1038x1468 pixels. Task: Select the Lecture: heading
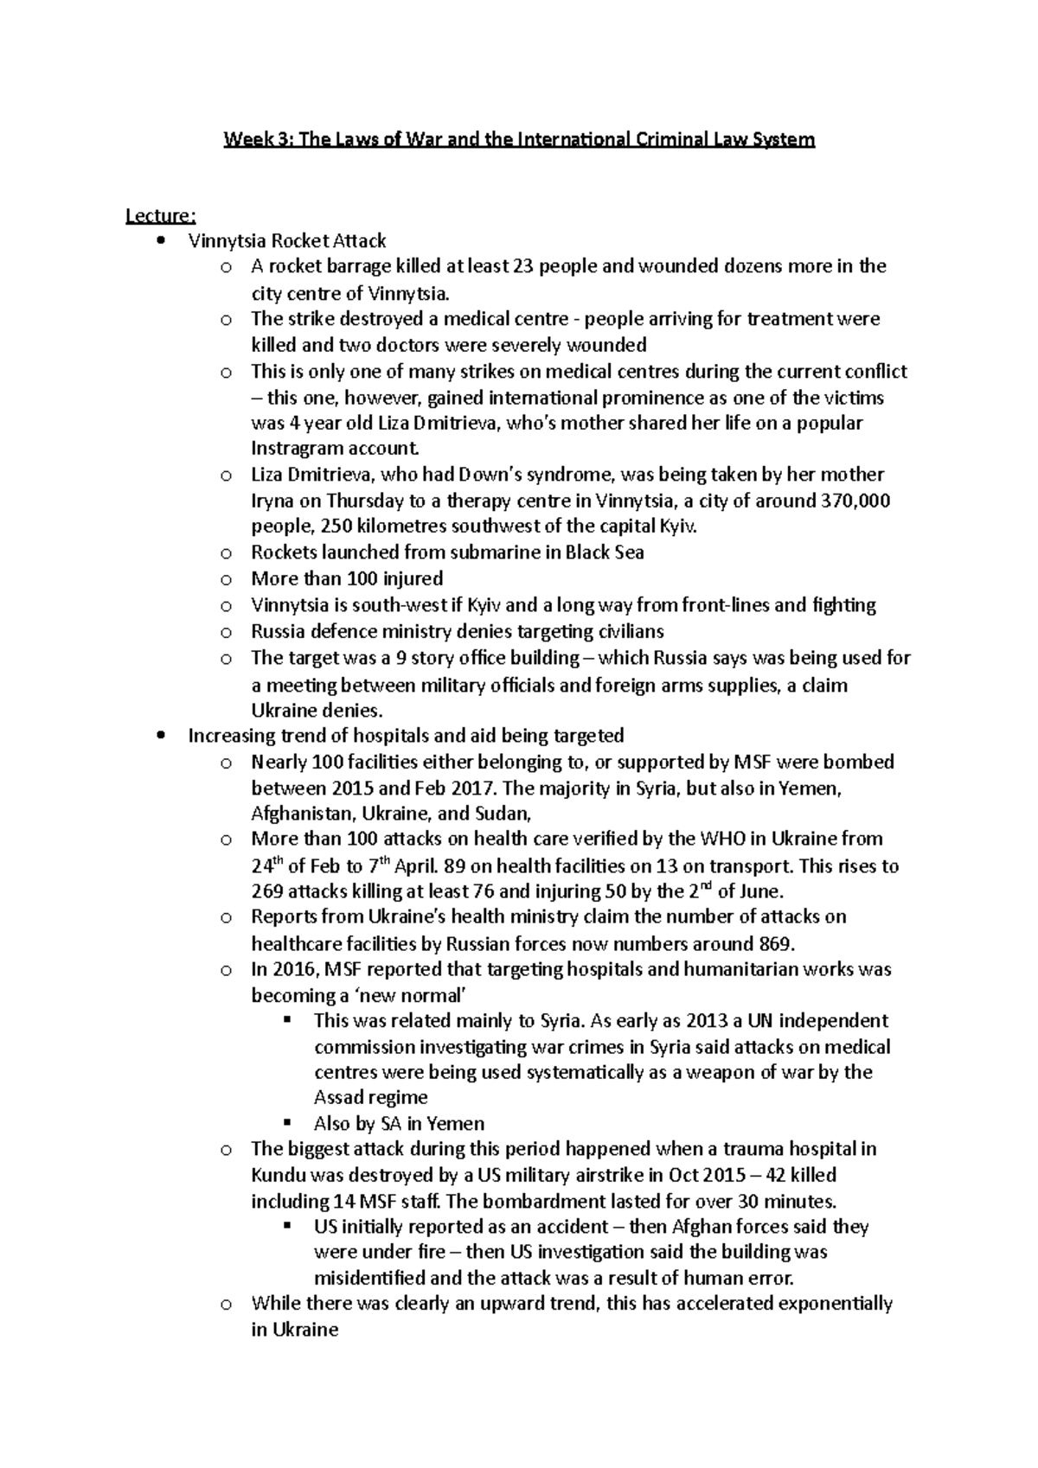tap(161, 214)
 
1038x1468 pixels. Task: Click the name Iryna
tap(274, 501)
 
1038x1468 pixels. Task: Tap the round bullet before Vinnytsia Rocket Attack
tap(162, 241)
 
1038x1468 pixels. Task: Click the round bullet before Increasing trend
tap(162, 736)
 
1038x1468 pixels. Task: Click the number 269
tap(266, 891)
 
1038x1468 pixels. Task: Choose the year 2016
tap(292, 969)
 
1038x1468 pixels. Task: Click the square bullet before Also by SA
tap(289, 1124)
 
